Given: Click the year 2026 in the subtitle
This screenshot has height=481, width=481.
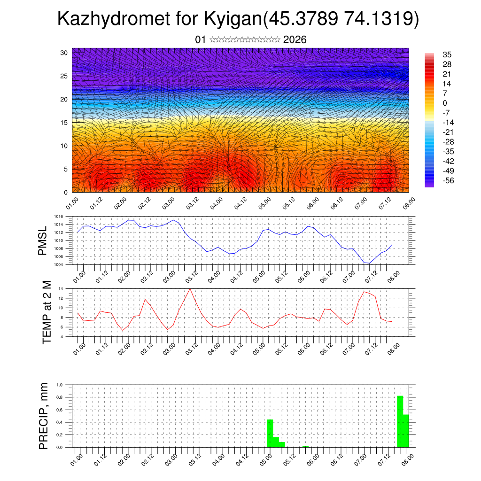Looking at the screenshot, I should pyautogui.click(x=295, y=40).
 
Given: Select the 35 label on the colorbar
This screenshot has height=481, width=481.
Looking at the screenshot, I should pyautogui.click(x=447, y=55).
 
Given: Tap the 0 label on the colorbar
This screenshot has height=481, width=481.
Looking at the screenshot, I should pyautogui.click(x=445, y=103).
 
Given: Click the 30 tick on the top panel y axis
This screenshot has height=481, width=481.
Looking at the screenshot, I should pyautogui.click(x=64, y=53).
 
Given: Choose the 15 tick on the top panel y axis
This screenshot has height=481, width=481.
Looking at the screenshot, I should pyautogui.click(x=64, y=123).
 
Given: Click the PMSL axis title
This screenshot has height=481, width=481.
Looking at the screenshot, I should pyautogui.click(x=43, y=240).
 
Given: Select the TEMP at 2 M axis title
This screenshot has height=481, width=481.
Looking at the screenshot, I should pyautogui.click(x=47, y=312).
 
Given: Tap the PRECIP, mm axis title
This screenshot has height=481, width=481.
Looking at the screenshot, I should pyautogui.click(x=44, y=416).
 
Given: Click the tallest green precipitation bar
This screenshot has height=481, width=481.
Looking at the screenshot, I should pyautogui.click(x=400, y=421).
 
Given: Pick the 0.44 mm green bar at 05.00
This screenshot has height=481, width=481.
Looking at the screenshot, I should pyautogui.click(x=270, y=433).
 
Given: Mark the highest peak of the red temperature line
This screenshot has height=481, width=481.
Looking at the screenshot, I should pyautogui.click(x=190, y=289).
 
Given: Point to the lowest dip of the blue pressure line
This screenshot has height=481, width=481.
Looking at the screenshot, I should pyautogui.click(x=369, y=263).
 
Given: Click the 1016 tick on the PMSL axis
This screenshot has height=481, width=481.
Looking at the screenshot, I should pyautogui.click(x=59, y=217).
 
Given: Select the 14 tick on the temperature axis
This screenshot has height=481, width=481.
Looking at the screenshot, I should pyautogui.click(x=61, y=288).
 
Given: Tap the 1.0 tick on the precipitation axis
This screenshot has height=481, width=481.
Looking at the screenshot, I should pyautogui.click(x=60, y=385).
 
